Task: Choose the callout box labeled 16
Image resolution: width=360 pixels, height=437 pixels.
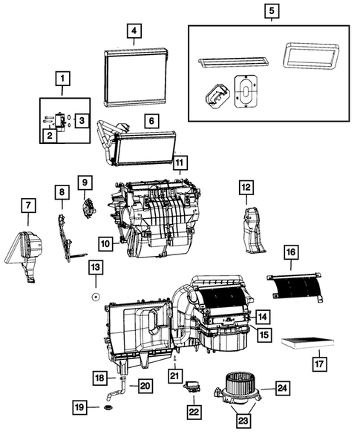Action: (x=290, y=254)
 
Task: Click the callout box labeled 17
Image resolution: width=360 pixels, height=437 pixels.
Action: (x=319, y=364)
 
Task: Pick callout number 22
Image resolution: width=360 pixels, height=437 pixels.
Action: (x=193, y=411)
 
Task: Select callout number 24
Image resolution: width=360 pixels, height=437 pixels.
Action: (x=282, y=387)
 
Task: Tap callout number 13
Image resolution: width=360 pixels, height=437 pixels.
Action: (x=96, y=266)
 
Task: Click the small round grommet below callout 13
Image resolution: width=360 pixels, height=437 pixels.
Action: (x=96, y=296)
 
